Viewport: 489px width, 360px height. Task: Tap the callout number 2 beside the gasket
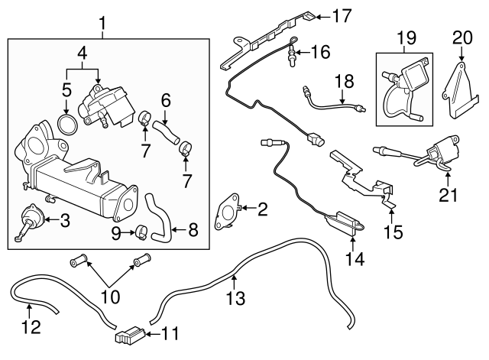click(262, 208)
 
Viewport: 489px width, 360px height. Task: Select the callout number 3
click(64, 222)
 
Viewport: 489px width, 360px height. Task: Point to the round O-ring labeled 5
click(67, 124)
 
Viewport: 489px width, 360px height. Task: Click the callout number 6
click(165, 99)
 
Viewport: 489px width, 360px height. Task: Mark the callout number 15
click(393, 230)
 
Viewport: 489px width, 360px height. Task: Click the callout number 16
click(320, 53)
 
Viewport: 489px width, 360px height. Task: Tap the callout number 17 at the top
click(341, 15)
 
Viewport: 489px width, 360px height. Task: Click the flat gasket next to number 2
click(226, 212)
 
